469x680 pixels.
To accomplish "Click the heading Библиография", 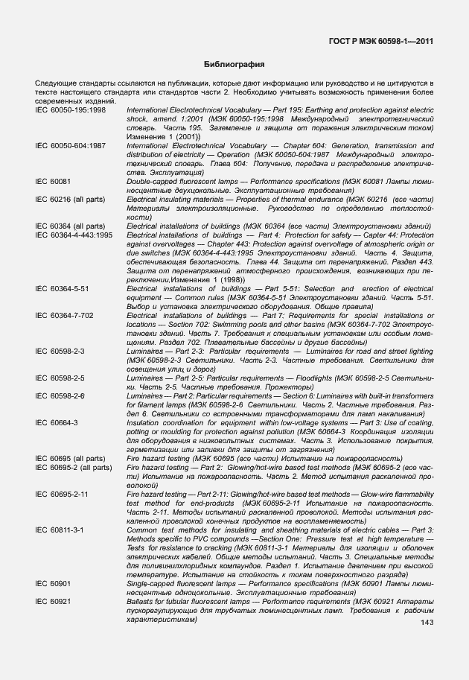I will coord(234,65).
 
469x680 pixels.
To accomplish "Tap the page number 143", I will coord(427,623).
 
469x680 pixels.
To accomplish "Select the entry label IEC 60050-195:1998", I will coord(71,110).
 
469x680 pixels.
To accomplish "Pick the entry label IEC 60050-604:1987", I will coord(71,146).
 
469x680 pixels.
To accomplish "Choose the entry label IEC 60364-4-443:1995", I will coord(74,235).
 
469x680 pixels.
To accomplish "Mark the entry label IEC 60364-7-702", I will coord(64,315).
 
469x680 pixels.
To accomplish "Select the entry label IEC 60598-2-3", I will coord(60,350).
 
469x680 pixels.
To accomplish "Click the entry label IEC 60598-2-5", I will coord(60,378).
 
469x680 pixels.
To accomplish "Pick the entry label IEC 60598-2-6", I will coord(60,395).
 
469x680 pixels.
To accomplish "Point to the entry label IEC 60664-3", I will coord(57,422).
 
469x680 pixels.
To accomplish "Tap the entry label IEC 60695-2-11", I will coord(63,494).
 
